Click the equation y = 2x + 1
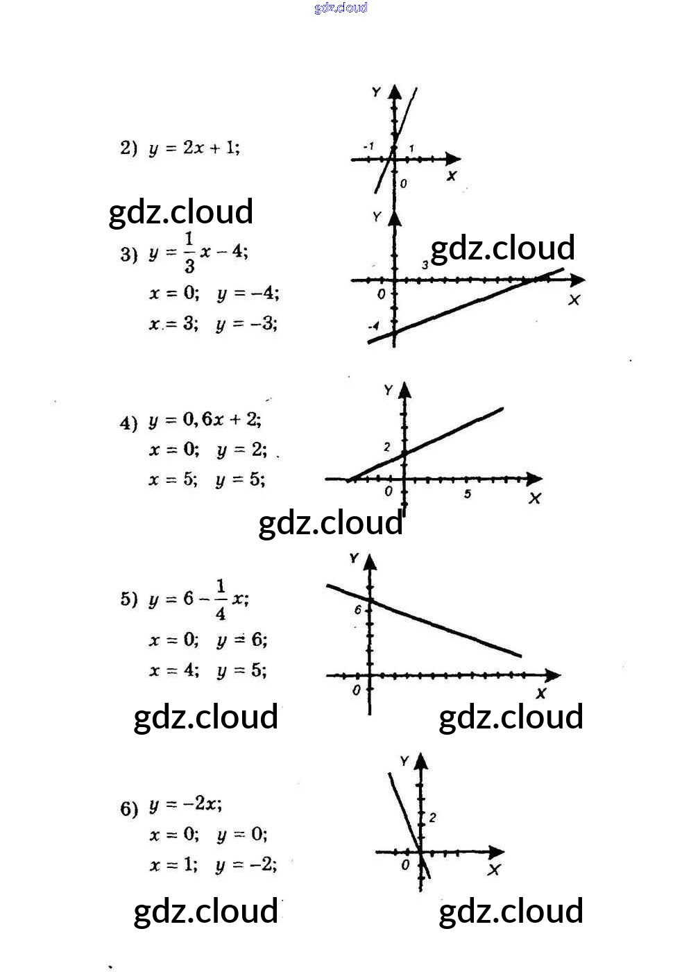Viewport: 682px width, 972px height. pyautogui.click(x=194, y=148)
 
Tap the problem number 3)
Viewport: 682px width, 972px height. pyautogui.click(x=128, y=254)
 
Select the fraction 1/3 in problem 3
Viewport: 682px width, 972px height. pyautogui.click(x=189, y=253)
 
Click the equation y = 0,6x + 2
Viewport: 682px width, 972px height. pyautogui.click(x=205, y=420)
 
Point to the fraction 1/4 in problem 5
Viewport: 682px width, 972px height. pyautogui.click(x=220, y=599)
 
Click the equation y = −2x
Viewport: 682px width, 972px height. pyautogui.click(x=185, y=805)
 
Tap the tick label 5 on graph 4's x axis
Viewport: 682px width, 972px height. pyautogui.click(x=468, y=494)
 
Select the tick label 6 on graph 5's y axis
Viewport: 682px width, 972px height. pyautogui.click(x=358, y=611)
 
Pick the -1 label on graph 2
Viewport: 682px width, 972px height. pyautogui.click(x=368, y=146)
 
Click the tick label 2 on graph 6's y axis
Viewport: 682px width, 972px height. pyautogui.click(x=432, y=817)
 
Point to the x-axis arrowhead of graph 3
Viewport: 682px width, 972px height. pyautogui.click(x=577, y=280)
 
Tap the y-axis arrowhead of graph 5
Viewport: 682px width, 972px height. pyautogui.click(x=370, y=561)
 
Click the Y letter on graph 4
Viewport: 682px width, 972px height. pyautogui.click(x=389, y=391)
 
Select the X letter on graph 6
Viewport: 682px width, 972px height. pyautogui.click(x=494, y=870)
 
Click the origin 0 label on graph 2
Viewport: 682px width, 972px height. pyautogui.click(x=403, y=184)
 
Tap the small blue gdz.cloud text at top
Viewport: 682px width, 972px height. pyautogui.click(x=341, y=8)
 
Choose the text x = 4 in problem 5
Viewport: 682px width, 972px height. pyautogui.click(x=173, y=671)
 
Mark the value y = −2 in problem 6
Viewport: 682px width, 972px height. pyautogui.click(x=246, y=865)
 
